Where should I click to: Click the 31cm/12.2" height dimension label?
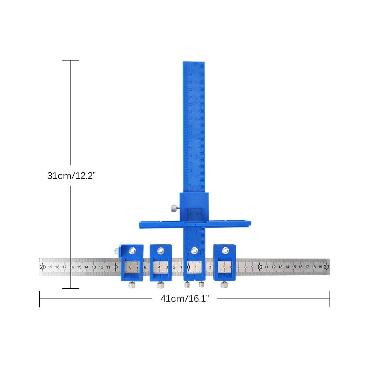71,176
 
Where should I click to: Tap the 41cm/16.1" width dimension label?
184,299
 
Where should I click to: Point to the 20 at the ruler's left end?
43,267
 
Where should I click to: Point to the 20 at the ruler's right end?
326,267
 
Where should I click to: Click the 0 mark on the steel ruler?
189,267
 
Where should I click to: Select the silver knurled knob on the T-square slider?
173,209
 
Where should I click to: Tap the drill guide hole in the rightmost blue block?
225,251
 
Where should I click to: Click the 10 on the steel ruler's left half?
115,267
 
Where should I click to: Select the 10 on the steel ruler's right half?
260,267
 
